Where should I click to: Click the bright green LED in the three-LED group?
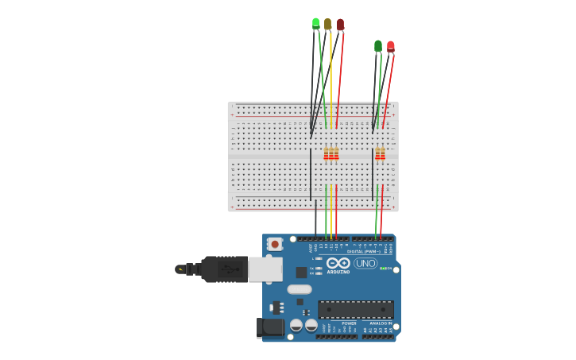(315, 23)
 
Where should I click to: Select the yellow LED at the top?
(327, 25)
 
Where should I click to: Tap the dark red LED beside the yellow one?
(340, 25)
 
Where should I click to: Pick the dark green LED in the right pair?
(378, 46)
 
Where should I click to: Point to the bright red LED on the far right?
(390, 46)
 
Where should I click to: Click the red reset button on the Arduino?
(274, 245)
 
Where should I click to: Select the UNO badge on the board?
(365, 263)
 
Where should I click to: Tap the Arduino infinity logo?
(338, 263)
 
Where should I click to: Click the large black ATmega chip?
(355, 309)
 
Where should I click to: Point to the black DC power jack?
(270, 327)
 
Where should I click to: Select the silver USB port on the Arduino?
(265, 269)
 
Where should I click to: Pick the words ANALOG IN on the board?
(381, 323)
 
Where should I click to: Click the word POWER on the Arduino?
(349, 323)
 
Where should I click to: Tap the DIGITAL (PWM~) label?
(366, 251)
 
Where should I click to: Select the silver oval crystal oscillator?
(299, 289)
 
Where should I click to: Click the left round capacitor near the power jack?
(296, 325)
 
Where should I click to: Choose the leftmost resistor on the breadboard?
(326, 153)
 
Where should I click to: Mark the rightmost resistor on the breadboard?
(383, 153)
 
